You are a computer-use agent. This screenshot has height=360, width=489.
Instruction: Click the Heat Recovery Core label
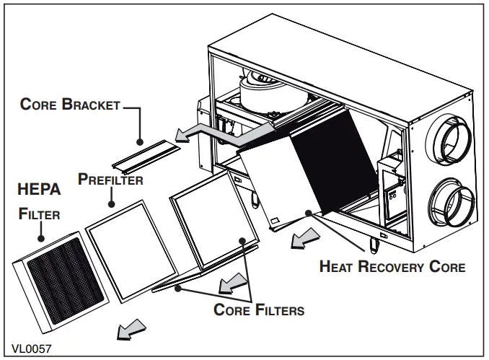[392, 267]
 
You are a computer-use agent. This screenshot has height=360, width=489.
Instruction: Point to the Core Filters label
[259, 310]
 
